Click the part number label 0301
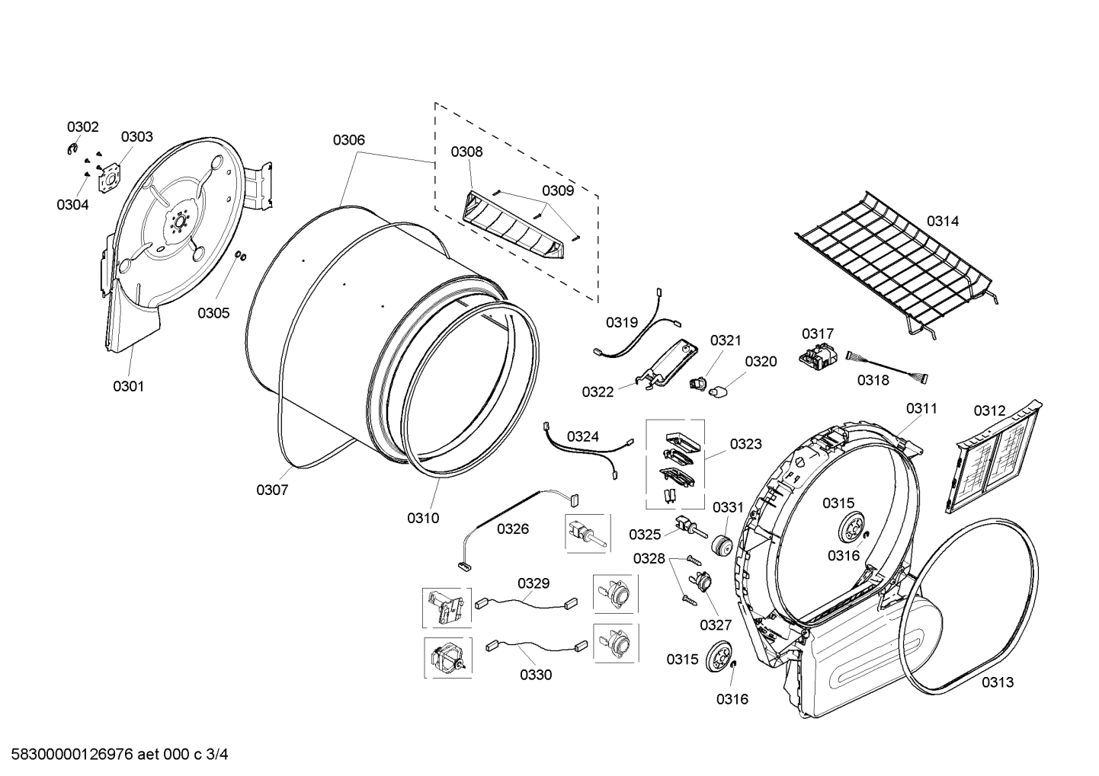click(128, 386)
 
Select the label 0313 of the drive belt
click(997, 682)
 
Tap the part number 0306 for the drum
click(348, 139)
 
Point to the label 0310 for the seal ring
click(422, 518)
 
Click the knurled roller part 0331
click(721, 546)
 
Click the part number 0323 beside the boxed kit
click(745, 444)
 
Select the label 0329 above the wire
click(533, 583)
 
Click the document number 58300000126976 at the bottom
click(69, 755)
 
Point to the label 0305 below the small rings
click(213, 312)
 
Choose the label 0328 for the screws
click(649, 559)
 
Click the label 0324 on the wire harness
click(582, 436)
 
